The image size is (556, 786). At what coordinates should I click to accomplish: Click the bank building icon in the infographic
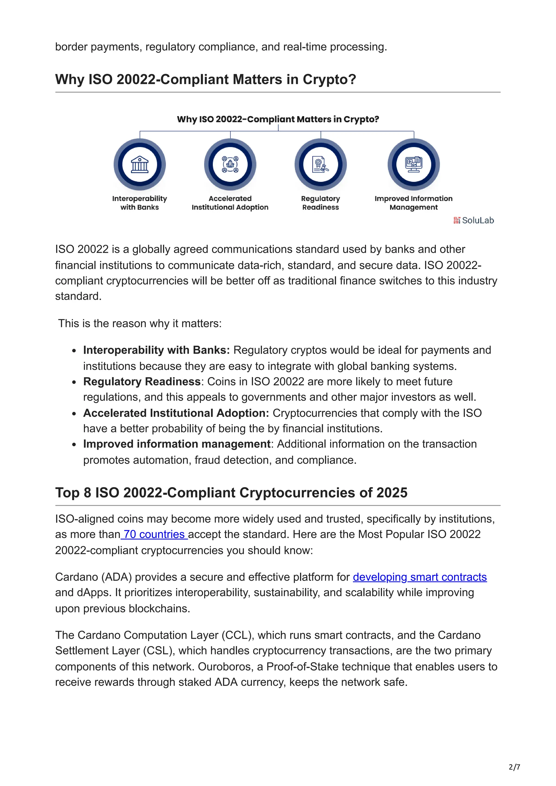click(140, 165)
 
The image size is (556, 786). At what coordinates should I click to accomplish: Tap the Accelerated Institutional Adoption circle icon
click(230, 165)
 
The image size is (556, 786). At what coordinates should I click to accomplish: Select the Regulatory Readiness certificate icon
click(320, 165)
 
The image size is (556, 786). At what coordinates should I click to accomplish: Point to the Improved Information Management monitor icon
click(413, 165)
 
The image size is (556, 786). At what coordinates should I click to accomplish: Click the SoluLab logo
click(473, 221)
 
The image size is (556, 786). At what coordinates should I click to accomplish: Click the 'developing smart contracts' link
click(419, 577)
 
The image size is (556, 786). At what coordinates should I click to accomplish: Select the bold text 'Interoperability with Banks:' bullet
click(156, 350)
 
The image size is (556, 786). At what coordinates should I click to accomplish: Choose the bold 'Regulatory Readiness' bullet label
click(142, 382)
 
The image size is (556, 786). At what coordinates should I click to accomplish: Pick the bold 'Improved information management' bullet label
click(177, 444)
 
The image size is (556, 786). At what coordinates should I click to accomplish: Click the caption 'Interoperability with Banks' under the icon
click(140, 203)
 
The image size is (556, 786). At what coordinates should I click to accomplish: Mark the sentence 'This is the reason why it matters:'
click(140, 324)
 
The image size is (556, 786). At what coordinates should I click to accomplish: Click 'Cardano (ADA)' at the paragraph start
click(93, 577)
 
